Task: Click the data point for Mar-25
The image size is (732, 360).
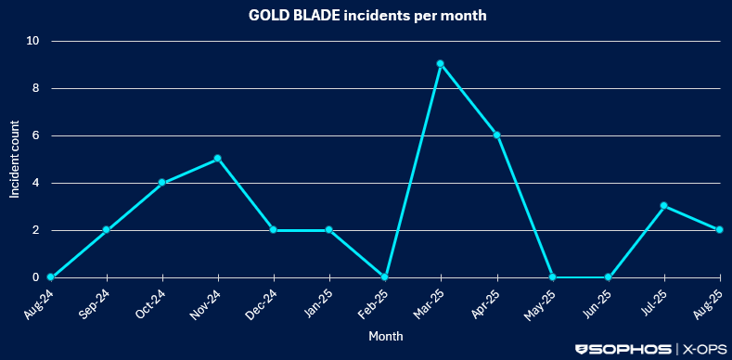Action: [441, 64]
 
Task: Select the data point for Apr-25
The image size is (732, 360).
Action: [497, 135]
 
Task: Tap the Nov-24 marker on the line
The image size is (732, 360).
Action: [217, 159]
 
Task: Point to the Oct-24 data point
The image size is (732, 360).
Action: [161, 183]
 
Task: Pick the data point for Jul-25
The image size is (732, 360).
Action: [664, 206]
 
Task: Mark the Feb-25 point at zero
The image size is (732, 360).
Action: [385, 277]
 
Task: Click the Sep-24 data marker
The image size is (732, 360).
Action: [106, 230]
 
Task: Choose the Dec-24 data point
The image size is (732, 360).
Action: [273, 230]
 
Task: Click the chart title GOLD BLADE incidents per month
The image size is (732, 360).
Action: [366, 16]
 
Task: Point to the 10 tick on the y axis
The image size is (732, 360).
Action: [33, 41]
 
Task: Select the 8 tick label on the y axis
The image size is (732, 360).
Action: [36, 88]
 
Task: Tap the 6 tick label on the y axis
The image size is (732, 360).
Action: [36, 135]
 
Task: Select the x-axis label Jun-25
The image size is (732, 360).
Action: [597, 303]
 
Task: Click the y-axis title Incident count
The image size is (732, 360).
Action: [15, 160]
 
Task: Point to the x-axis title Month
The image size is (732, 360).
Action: [385, 336]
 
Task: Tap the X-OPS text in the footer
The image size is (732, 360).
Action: [704, 349]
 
